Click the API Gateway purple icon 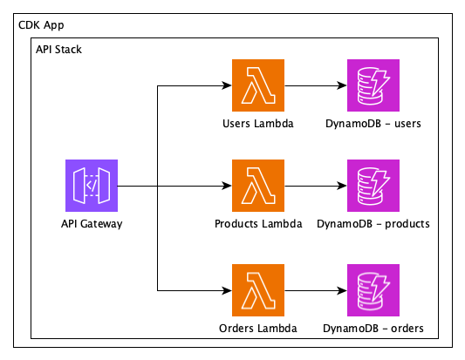92,187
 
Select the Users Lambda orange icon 258,85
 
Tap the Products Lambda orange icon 258,187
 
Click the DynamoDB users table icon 373,85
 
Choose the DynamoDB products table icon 373,187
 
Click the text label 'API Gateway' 92,224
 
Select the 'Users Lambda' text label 258,123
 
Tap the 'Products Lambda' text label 258,224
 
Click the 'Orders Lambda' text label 258,328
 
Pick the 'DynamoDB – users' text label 373,123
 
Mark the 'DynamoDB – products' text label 373,224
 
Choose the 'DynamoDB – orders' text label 373,328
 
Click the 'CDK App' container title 41,26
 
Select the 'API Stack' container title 58,50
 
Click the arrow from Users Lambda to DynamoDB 315,85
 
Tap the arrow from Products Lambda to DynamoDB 315,187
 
